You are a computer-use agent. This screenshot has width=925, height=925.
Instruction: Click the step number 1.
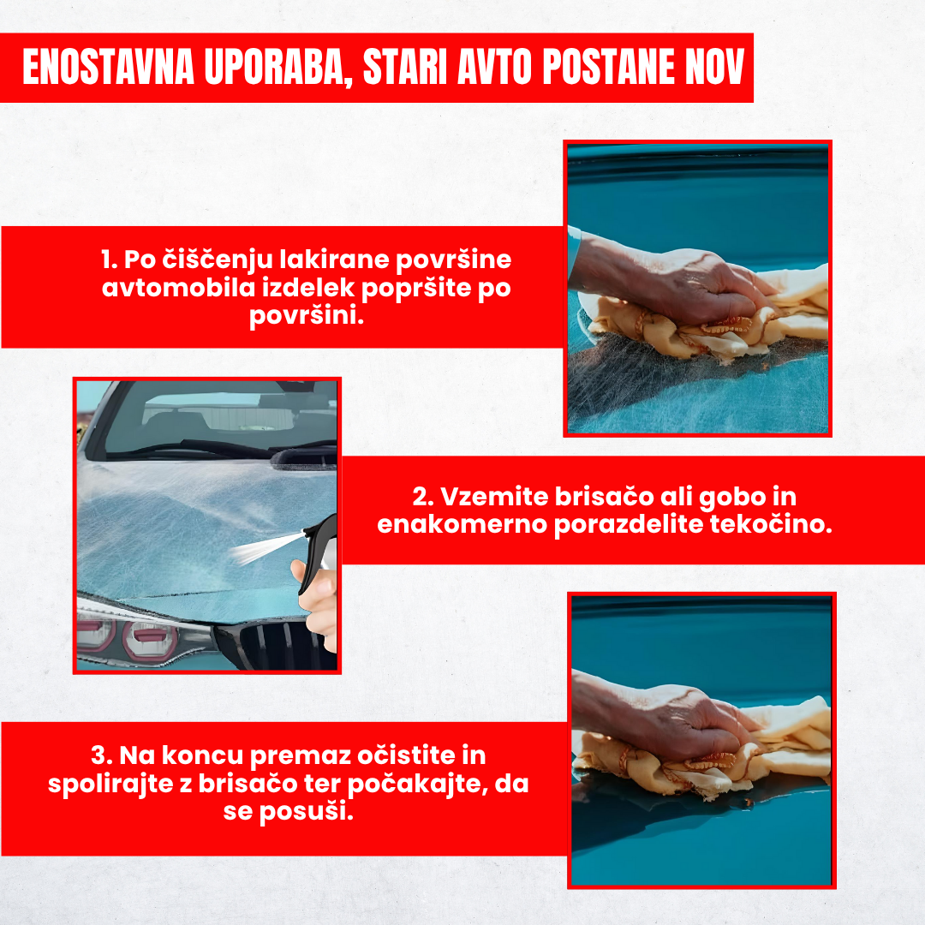tap(108, 260)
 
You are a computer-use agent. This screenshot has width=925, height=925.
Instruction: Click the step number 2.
tap(421, 498)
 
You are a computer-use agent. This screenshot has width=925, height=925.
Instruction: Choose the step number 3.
tap(101, 756)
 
